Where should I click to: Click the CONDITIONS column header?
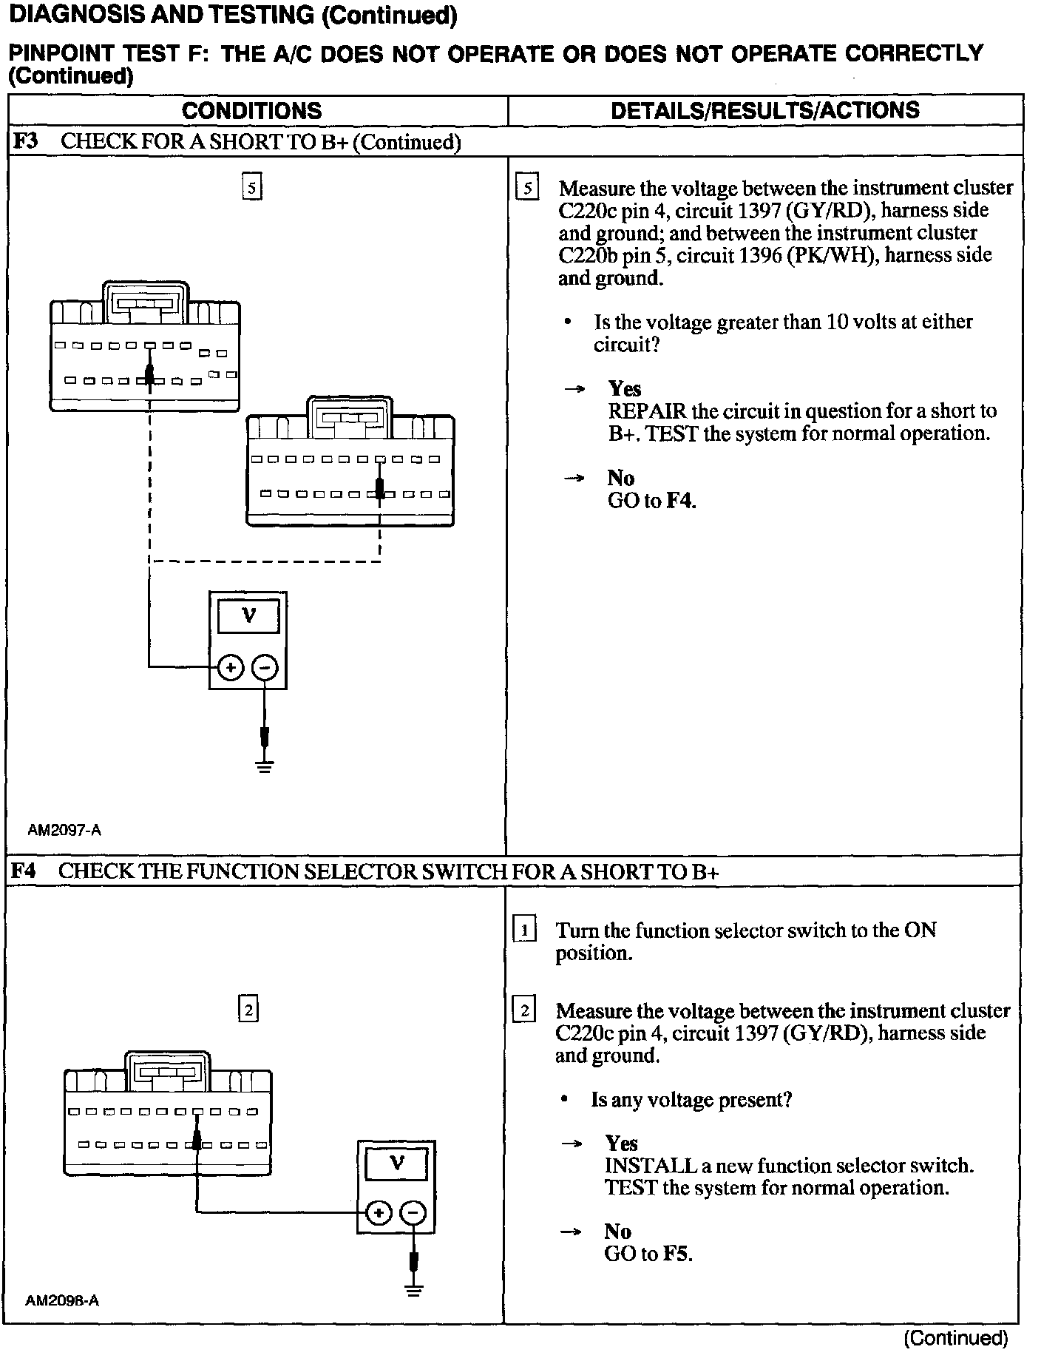tap(251, 111)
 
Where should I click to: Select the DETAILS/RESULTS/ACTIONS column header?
tap(764, 110)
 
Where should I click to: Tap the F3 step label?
tap(26, 141)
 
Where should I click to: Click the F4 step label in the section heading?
tap(24, 871)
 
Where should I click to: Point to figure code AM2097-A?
tap(64, 830)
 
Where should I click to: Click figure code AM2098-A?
tap(62, 1300)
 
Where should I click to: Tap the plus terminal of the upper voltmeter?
tap(231, 668)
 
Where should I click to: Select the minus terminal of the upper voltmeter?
tap(265, 668)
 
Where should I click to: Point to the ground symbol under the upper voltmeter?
tap(265, 766)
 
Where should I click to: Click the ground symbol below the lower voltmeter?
tap(414, 1290)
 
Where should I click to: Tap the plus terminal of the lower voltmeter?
tap(379, 1213)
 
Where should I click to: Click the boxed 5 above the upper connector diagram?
tap(252, 188)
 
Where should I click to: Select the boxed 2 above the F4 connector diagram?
tap(248, 1009)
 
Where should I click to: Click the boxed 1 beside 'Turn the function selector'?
tap(524, 930)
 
